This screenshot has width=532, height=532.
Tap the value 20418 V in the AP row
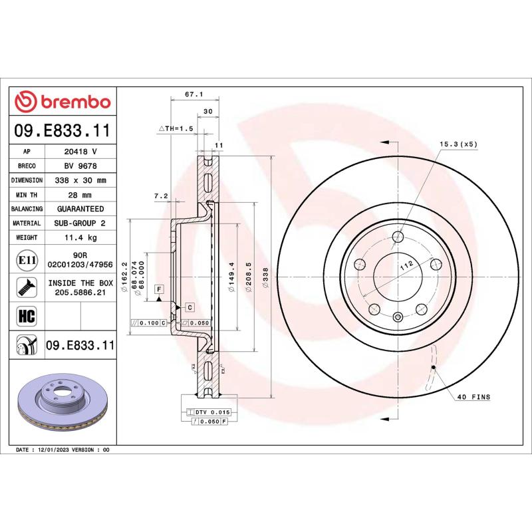click(x=80, y=152)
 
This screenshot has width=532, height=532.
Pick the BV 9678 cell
click(x=80, y=166)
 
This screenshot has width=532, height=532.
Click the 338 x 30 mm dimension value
click(x=80, y=180)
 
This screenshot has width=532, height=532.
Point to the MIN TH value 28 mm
click(x=80, y=195)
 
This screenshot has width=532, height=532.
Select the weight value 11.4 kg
click(x=80, y=237)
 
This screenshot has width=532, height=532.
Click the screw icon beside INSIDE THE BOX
click(x=27, y=287)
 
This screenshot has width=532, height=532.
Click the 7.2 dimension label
click(x=161, y=196)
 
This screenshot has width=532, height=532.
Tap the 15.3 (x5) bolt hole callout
click(x=458, y=144)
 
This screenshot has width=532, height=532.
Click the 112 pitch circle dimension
click(x=407, y=265)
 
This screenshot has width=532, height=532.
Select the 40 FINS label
click(x=473, y=397)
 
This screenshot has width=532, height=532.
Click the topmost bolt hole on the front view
click(x=398, y=237)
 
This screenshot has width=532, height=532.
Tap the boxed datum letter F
click(x=159, y=289)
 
